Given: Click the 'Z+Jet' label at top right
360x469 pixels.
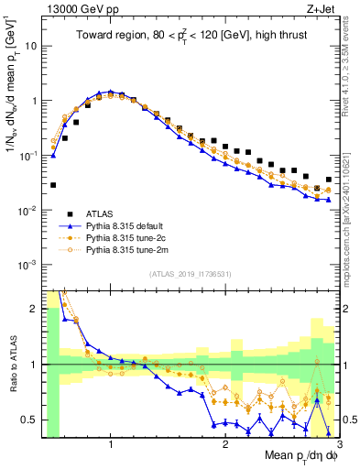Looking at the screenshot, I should pos(315,8).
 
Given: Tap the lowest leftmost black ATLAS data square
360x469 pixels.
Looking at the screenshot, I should pos(53,185).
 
